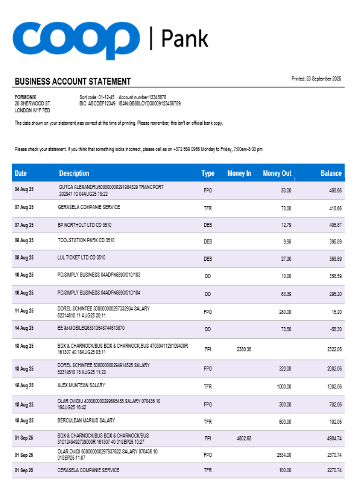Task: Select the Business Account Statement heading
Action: click(x=73, y=81)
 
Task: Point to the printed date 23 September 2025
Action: click(x=316, y=79)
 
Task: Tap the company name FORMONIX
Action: click(x=25, y=97)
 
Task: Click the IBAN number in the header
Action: click(x=149, y=103)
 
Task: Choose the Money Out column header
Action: click(x=277, y=173)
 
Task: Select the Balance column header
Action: click(x=331, y=173)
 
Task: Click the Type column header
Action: click(x=208, y=173)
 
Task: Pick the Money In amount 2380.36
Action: click(x=244, y=349)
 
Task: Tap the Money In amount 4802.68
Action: click(x=244, y=438)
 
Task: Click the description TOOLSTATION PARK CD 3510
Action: click(x=86, y=240)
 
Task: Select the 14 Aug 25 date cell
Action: click(x=24, y=328)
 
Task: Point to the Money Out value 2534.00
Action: click(x=284, y=455)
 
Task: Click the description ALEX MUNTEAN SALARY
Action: click(x=81, y=385)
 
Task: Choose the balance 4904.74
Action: click(x=334, y=438)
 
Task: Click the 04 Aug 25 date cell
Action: click(x=24, y=190)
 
